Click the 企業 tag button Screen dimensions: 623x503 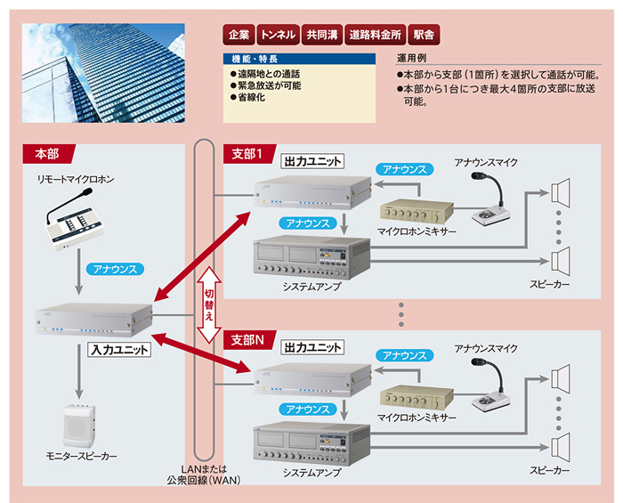[x=239, y=35]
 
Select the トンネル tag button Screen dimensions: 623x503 [x=278, y=35]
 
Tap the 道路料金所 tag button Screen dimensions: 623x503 [x=375, y=35]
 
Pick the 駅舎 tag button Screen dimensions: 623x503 [x=424, y=35]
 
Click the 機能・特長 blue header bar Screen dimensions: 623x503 [x=299, y=59]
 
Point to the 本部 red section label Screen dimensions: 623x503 [x=48, y=154]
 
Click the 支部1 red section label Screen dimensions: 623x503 [x=249, y=154]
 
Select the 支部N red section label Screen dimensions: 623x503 [x=249, y=340]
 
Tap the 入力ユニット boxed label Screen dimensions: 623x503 [x=119, y=350]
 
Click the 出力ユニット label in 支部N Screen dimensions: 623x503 [x=312, y=348]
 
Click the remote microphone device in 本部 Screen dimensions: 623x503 [x=73, y=222]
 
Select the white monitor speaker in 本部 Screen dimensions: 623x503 [x=79, y=426]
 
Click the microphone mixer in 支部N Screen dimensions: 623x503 [x=417, y=399]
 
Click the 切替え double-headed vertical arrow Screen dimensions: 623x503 [x=209, y=304]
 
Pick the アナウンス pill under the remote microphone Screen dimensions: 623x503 [x=115, y=269]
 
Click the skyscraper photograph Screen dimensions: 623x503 [x=103, y=73]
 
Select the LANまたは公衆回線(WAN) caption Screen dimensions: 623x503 [x=204, y=475]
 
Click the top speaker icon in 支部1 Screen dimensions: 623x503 [x=560, y=191]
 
